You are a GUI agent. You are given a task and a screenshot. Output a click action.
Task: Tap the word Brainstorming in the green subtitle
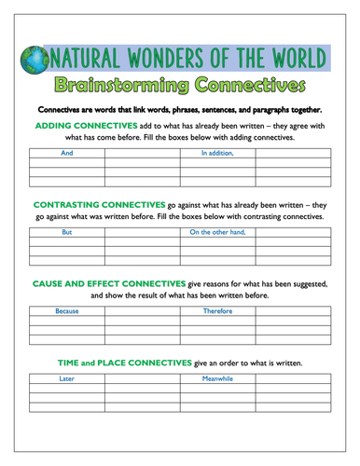point(124,87)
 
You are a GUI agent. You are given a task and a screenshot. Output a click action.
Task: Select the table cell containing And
point(66,152)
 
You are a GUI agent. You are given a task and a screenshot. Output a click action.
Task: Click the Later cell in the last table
point(66,379)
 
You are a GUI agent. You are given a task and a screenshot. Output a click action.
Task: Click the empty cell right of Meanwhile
point(293,379)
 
